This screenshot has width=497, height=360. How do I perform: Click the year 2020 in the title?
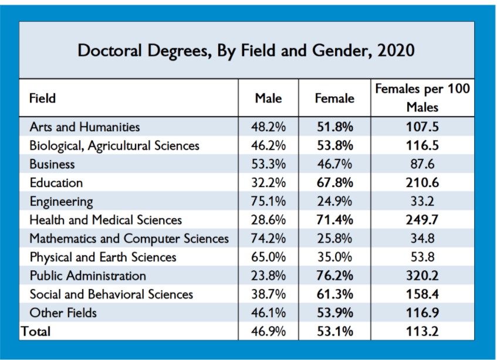[x=396, y=50]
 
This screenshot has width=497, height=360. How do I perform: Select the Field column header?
[x=42, y=99]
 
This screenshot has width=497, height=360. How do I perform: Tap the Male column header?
[x=268, y=99]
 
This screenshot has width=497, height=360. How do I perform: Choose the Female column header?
[x=334, y=99]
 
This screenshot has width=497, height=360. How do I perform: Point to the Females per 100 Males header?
[x=422, y=99]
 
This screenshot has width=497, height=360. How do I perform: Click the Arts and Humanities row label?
[x=84, y=127]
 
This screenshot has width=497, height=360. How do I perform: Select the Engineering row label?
[x=61, y=202]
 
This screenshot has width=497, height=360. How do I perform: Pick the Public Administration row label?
[x=87, y=276]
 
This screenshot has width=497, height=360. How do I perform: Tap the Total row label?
[x=36, y=331]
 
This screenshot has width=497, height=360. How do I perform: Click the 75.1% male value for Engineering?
[x=268, y=202]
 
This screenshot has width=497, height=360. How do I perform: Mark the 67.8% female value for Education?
[x=334, y=183]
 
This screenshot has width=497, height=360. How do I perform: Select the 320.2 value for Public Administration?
[x=422, y=276]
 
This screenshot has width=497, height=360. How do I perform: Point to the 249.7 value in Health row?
[x=422, y=220]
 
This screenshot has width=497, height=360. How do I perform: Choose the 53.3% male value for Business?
[x=268, y=164]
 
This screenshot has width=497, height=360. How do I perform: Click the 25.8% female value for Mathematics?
[x=334, y=239]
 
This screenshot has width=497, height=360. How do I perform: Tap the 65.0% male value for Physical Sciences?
[x=268, y=257]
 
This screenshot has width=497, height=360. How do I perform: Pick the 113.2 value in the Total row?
[x=422, y=331]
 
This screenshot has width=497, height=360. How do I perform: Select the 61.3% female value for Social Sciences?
[x=334, y=294]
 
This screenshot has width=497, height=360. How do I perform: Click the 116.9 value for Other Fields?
[x=422, y=313]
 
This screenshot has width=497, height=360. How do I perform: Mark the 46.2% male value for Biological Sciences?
[x=268, y=145]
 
